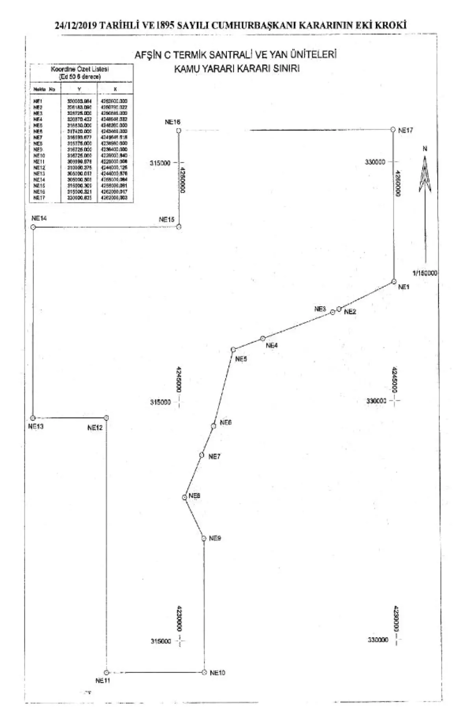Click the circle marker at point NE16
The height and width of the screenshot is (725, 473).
(179, 130)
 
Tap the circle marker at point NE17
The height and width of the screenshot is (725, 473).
(393, 129)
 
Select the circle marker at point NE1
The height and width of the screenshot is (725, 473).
(393, 281)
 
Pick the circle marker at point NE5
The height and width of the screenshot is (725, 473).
(233, 349)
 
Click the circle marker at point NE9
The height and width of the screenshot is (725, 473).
(204, 538)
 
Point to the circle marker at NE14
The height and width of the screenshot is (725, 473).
(33, 227)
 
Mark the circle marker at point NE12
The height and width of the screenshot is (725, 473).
(106, 418)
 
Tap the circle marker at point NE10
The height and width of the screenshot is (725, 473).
(204, 672)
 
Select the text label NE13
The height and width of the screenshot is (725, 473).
(36, 426)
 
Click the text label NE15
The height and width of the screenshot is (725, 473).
(167, 220)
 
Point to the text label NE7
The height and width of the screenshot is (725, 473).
(214, 457)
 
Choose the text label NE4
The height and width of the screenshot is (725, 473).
(272, 346)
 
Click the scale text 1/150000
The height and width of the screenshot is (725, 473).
(425, 273)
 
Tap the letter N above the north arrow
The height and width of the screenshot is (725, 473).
(425, 149)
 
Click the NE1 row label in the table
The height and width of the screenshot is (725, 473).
(38, 101)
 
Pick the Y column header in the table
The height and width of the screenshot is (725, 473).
(79, 89)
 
